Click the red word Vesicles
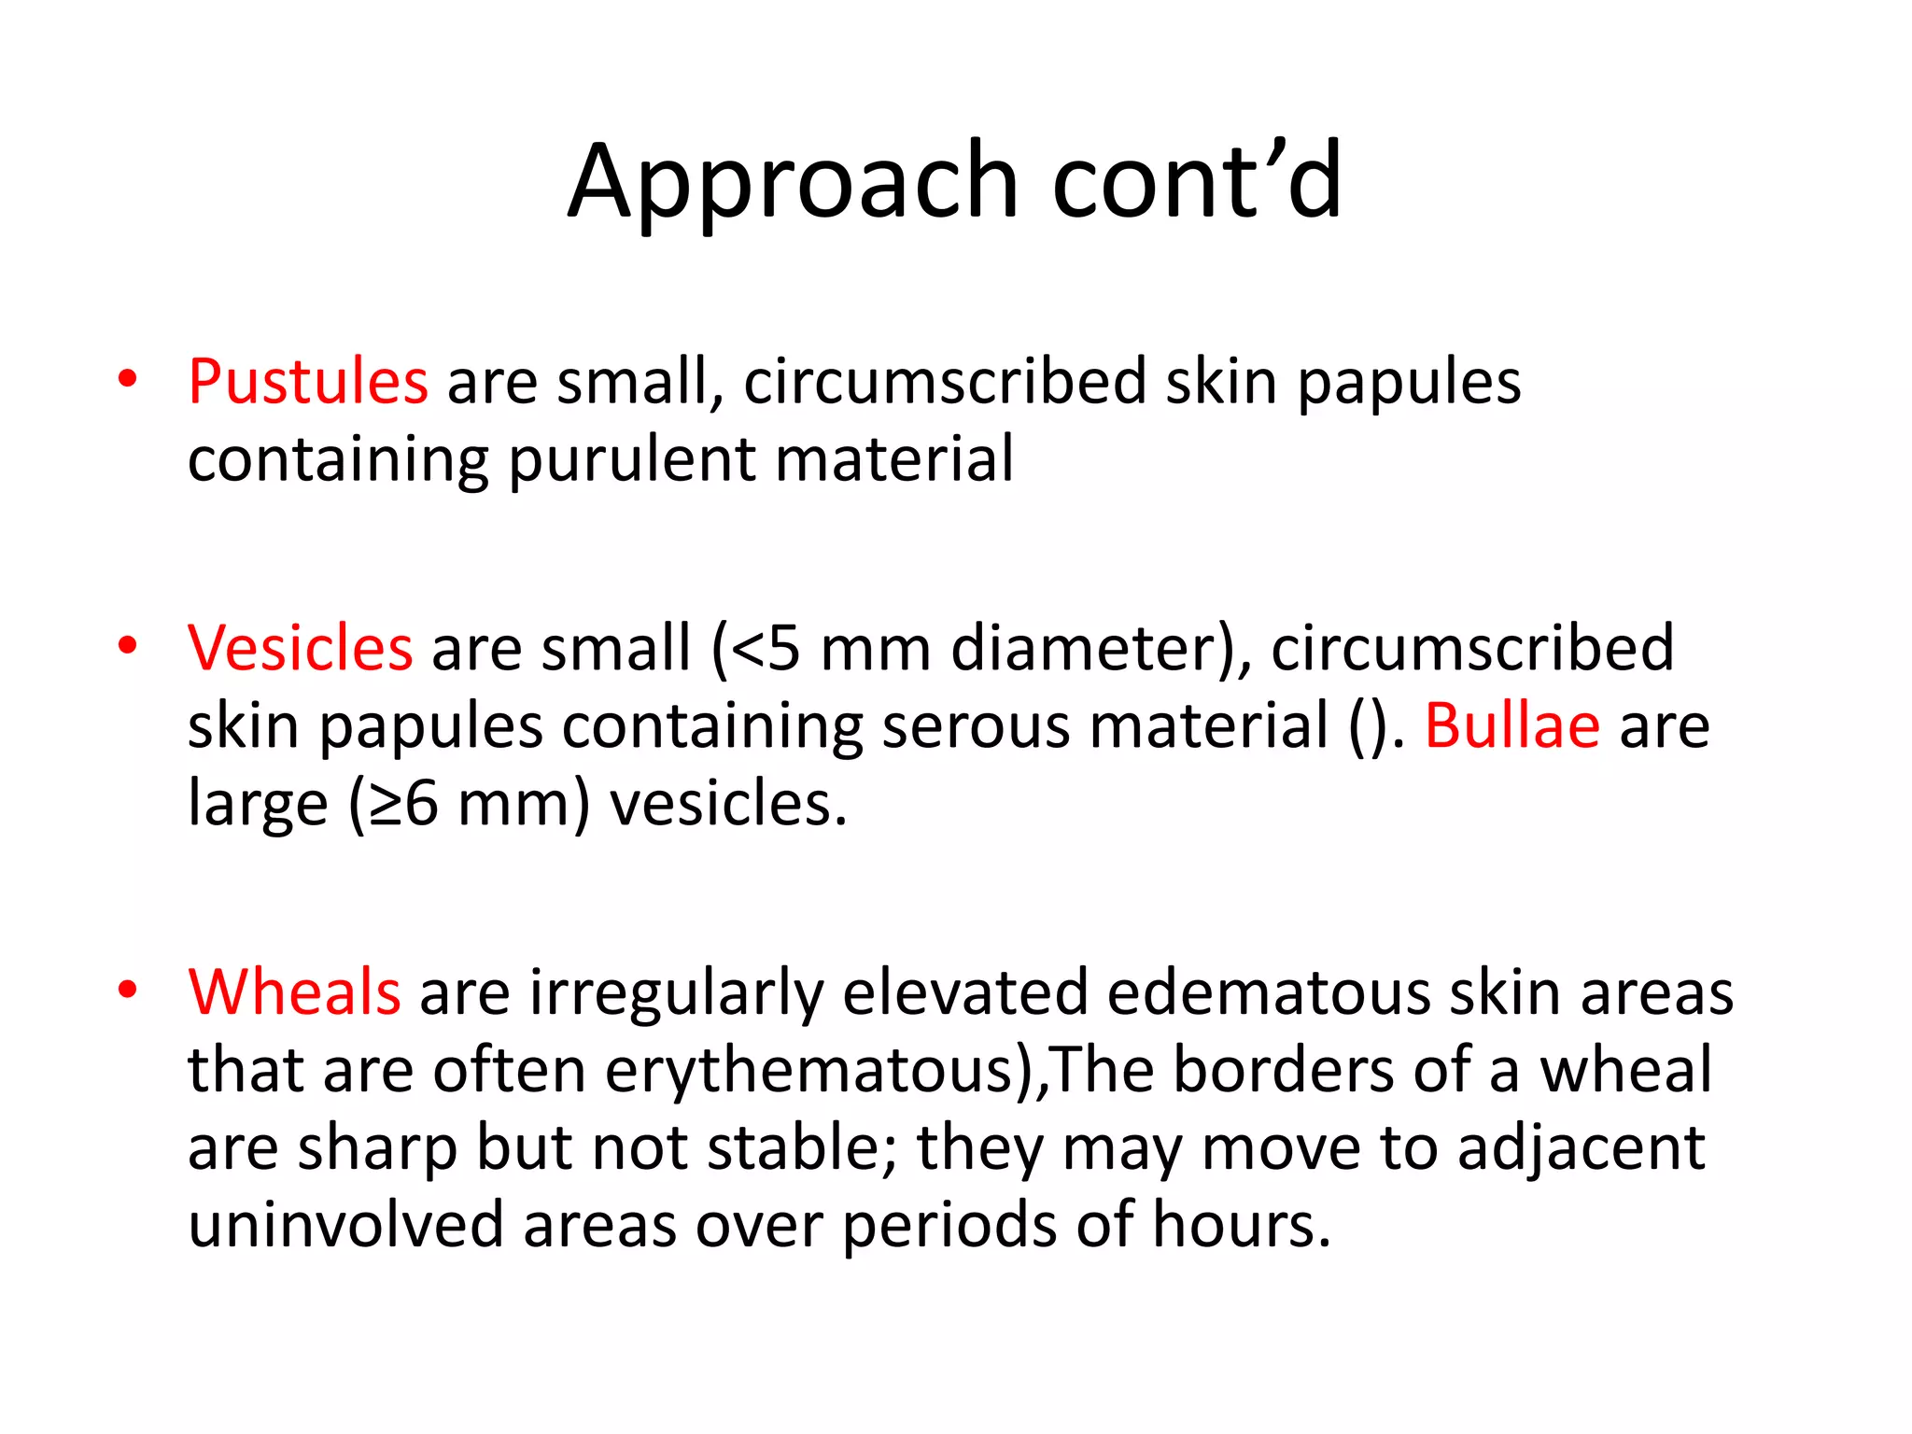coord(300,648)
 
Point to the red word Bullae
coord(1511,725)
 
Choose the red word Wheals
coord(294,991)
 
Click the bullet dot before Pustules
coord(128,379)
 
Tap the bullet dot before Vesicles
coord(128,645)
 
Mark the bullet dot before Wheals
coord(128,989)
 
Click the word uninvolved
coord(346,1225)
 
